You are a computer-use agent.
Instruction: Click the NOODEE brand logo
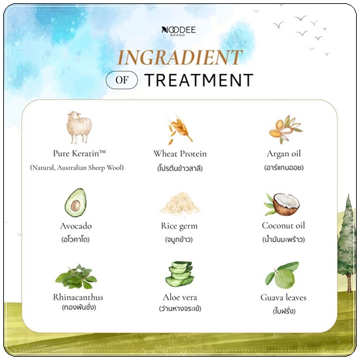coord(179,31)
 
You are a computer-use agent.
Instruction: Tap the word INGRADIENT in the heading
coord(180,58)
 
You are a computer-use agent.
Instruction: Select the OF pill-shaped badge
coord(122,80)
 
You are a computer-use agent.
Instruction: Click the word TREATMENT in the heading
coord(199,80)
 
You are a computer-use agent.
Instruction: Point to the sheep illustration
coord(79,127)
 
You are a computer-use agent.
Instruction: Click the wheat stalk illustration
coord(181,129)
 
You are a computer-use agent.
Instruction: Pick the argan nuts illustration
coord(285,129)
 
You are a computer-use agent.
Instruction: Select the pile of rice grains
coord(181,205)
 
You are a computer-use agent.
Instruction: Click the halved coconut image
coord(282,204)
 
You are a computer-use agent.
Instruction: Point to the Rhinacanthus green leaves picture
coord(76,277)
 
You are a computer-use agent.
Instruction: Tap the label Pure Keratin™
coord(79,153)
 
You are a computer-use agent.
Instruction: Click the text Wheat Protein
coord(180,154)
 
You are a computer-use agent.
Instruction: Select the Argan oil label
coord(284,154)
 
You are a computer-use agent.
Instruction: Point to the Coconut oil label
coord(283,225)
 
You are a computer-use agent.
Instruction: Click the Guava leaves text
coord(283,298)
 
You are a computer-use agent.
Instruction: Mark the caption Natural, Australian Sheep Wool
coord(77,168)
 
